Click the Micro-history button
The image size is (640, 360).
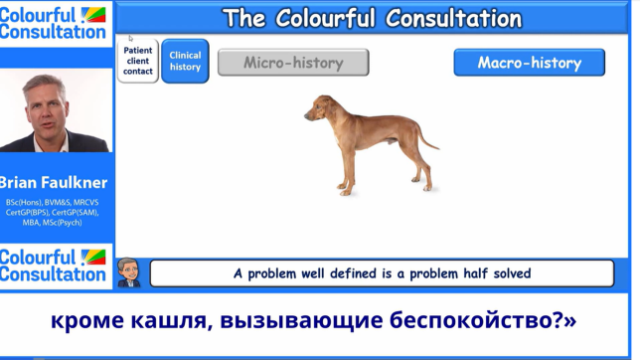pyautogui.click(x=293, y=63)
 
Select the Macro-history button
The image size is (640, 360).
pyautogui.click(x=529, y=63)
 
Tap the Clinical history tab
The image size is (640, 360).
pyautogui.click(x=185, y=62)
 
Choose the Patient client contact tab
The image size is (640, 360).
pyautogui.click(x=138, y=61)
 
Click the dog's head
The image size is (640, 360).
pyautogui.click(x=320, y=106)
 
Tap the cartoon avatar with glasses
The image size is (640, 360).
pyautogui.click(x=128, y=271)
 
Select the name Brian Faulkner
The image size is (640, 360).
pyautogui.click(x=54, y=183)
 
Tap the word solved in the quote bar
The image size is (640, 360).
pyautogui.click(x=507, y=273)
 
